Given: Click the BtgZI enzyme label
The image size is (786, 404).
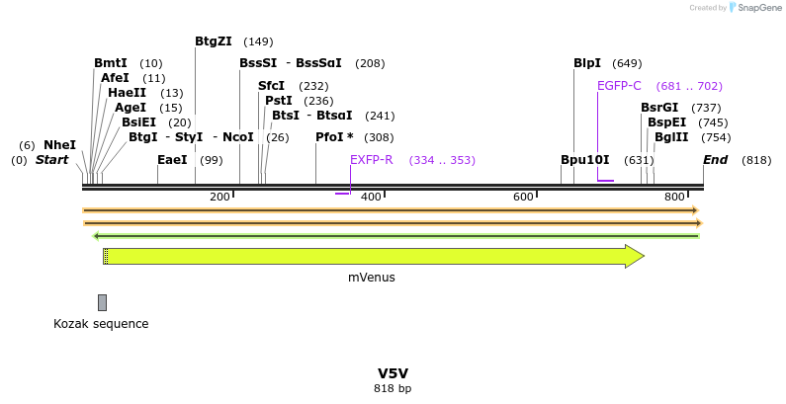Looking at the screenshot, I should pyautogui.click(x=213, y=41).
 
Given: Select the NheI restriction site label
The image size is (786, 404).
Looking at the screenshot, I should pyautogui.click(x=59, y=145).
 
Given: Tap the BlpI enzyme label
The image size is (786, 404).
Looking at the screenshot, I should pyautogui.click(x=587, y=63).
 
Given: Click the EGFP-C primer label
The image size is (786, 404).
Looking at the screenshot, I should pyautogui.click(x=619, y=86).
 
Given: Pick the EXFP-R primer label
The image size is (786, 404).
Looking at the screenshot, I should pyautogui.click(x=372, y=159).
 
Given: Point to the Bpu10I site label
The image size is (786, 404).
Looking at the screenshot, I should pyautogui.click(x=585, y=159).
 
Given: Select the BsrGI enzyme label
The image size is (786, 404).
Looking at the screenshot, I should pyautogui.click(x=659, y=108).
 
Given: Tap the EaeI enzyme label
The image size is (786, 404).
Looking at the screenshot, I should pyautogui.click(x=172, y=159).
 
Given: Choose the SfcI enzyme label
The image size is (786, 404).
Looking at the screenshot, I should pyautogui.click(x=271, y=86).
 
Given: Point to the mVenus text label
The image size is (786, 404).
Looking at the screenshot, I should pyautogui.click(x=372, y=278).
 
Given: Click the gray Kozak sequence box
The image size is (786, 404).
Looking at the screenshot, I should pyautogui.click(x=102, y=302).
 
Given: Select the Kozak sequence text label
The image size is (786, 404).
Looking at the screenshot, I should pyautogui.click(x=101, y=323).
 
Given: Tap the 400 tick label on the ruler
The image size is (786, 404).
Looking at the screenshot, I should pyautogui.click(x=372, y=197).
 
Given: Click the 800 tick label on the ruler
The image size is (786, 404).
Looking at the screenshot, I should pyautogui.click(x=675, y=197).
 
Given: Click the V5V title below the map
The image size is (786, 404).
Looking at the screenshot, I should pyautogui.click(x=393, y=373).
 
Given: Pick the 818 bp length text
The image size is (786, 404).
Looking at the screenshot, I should pyautogui.click(x=393, y=388).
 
